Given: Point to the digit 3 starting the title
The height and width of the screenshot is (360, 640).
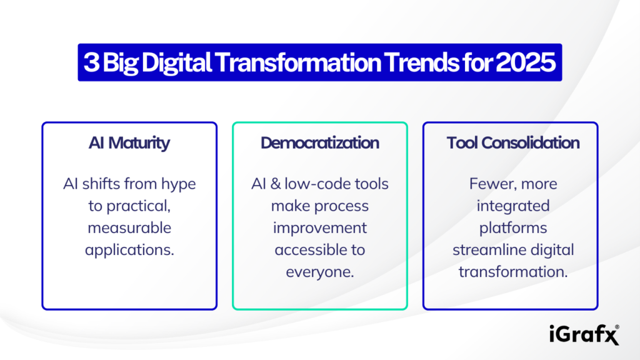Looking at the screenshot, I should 91,62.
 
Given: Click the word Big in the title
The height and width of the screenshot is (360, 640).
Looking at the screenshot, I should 118,62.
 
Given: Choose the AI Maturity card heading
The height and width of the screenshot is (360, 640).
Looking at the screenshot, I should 129,142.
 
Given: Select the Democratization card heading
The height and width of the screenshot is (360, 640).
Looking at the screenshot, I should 320,142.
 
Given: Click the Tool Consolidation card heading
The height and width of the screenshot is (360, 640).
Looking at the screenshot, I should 512,142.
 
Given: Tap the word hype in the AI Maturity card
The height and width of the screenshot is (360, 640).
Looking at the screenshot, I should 178,184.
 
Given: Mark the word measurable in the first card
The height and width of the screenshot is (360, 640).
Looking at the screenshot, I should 129,228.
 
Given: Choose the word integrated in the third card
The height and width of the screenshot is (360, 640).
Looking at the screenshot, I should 512,206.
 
